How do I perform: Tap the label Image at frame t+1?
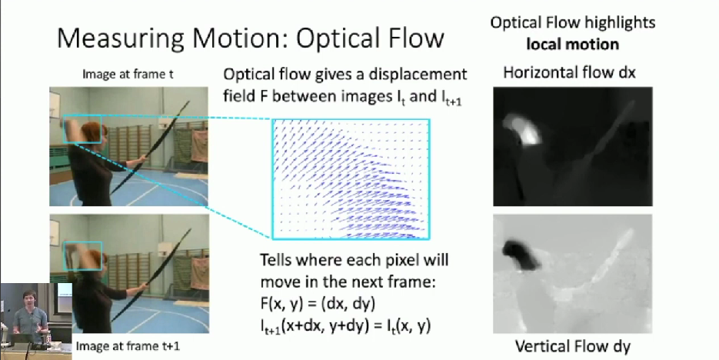tap(128, 346)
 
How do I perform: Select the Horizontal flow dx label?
tap(570, 72)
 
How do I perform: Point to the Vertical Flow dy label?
tap(573, 346)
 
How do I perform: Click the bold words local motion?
tap(573, 45)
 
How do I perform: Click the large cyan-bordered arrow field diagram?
tap(351, 179)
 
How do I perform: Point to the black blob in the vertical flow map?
tap(521, 255)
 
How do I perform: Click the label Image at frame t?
tap(128, 74)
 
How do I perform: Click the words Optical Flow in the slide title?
tap(370, 38)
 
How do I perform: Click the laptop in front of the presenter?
tap(22, 339)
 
